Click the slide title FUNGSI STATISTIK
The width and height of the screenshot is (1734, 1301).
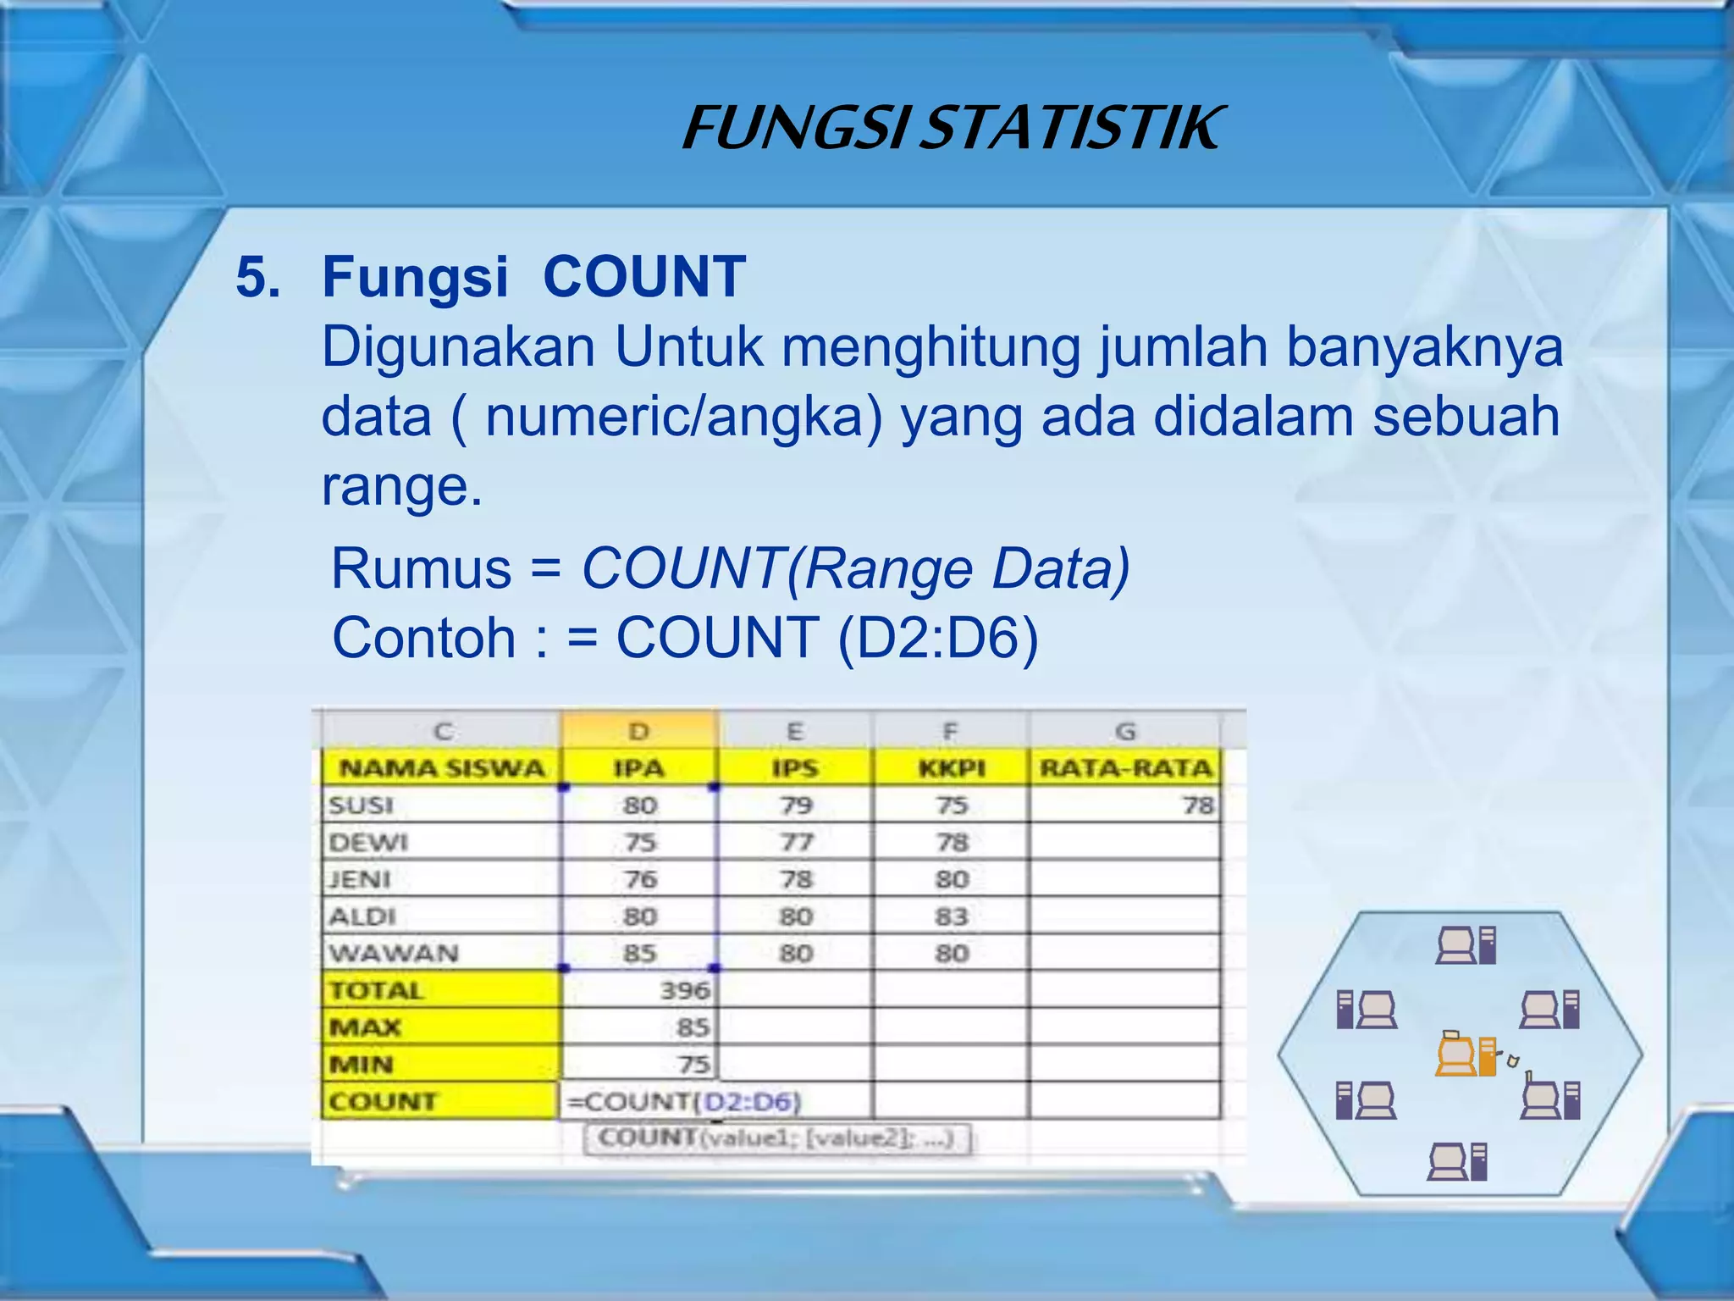[x=952, y=129]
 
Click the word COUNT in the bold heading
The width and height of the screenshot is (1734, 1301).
[x=643, y=277]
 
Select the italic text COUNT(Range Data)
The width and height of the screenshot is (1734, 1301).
[x=855, y=567]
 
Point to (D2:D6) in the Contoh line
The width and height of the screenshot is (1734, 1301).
[x=937, y=637]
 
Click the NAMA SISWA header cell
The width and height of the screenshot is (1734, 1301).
[x=441, y=768]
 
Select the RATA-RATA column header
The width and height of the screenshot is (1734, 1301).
[x=1125, y=768]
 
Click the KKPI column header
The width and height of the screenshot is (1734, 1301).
[x=952, y=768]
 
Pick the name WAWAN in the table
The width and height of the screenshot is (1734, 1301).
[x=394, y=954]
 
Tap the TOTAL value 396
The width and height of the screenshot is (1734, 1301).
[x=685, y=990]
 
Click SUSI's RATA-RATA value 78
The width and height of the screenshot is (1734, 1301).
[x=1197, y=805]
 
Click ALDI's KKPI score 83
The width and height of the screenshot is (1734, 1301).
[x=952, y=916]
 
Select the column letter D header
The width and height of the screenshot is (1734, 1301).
[x=639, y=731]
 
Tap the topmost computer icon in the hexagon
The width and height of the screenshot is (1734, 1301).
[x=1466, y=945]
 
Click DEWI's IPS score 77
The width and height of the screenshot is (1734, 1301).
[x=796, y=842]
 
